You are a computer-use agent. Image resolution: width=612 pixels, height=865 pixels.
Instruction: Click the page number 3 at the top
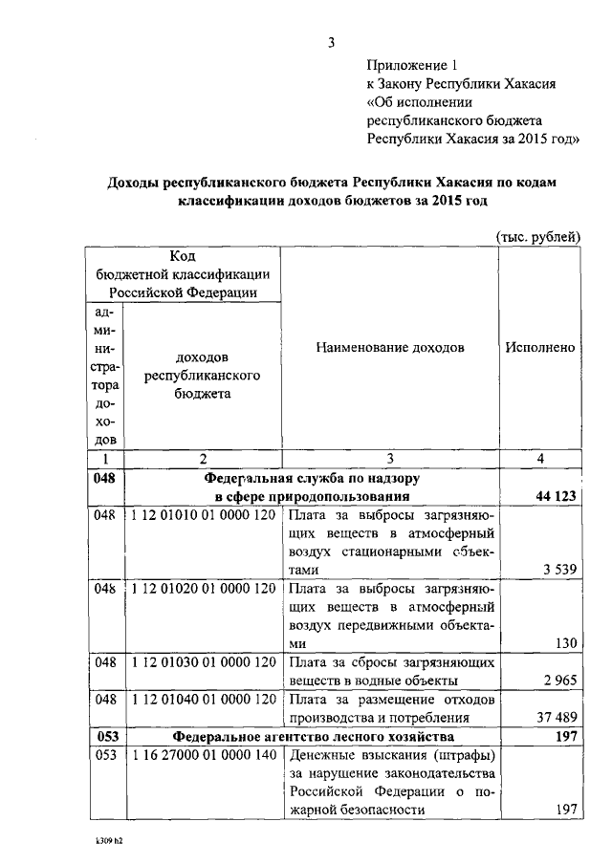point(331,41)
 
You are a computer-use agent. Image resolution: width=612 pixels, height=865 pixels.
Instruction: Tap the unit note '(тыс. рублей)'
point(537,236)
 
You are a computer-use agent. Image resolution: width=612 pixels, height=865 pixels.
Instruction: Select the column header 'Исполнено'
point(540,348)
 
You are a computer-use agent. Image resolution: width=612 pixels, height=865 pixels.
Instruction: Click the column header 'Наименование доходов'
point(389,348)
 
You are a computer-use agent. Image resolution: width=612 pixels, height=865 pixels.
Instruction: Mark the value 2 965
point(558,681)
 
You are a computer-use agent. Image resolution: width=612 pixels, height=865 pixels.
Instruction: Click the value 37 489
point(555,718)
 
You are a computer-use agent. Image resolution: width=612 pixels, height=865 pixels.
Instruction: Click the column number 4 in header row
point(540,460)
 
